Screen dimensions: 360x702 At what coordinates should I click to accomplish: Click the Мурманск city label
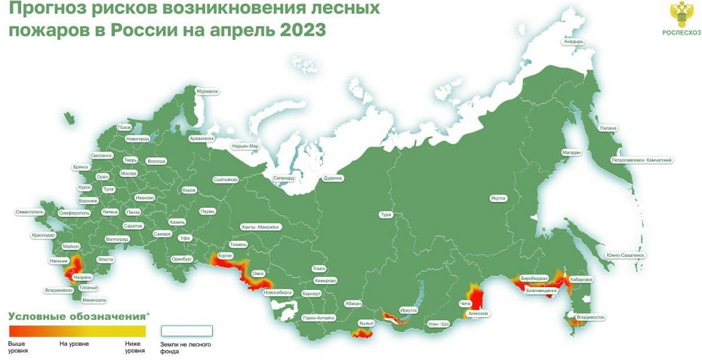(208, 91)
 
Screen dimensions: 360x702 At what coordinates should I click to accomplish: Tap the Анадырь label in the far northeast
(573, 41)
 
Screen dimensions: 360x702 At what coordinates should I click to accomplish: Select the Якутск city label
(498, 198)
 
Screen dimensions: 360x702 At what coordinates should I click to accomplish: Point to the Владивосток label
(590, 317)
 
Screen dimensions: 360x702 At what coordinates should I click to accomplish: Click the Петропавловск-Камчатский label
(642, 160)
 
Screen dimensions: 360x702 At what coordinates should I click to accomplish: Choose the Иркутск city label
(408, 309)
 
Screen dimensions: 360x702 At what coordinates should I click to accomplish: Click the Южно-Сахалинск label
(625, 255)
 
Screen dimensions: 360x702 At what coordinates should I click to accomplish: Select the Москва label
(128, 173)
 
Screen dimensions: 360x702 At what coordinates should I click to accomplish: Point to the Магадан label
(571, 152)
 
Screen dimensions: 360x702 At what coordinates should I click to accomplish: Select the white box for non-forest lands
(187, 331)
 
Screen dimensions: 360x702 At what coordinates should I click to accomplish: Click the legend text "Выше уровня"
(18, 347)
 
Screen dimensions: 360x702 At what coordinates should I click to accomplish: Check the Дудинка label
(333, 178)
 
